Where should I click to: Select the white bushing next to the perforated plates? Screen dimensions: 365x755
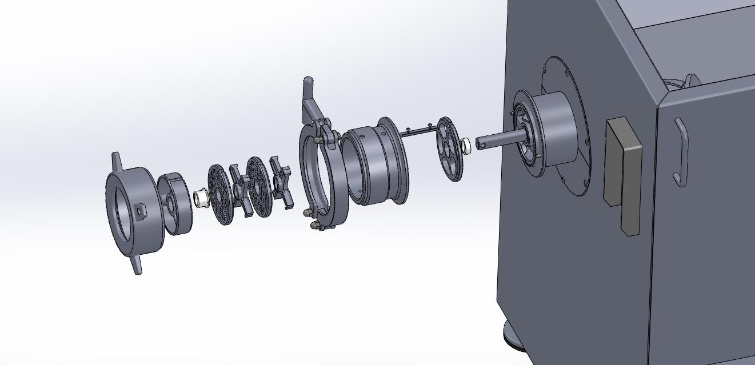point(200,198)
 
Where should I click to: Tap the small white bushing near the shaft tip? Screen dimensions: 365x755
point(465,146)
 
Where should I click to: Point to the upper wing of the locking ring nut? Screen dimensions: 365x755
point(116,159)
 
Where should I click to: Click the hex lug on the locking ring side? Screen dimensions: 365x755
point(140,211)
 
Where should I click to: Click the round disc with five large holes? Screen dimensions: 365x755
point(449,149)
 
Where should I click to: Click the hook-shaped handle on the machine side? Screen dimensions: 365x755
point(680,152)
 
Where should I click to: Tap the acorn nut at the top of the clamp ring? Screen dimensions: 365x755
point(317,139)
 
